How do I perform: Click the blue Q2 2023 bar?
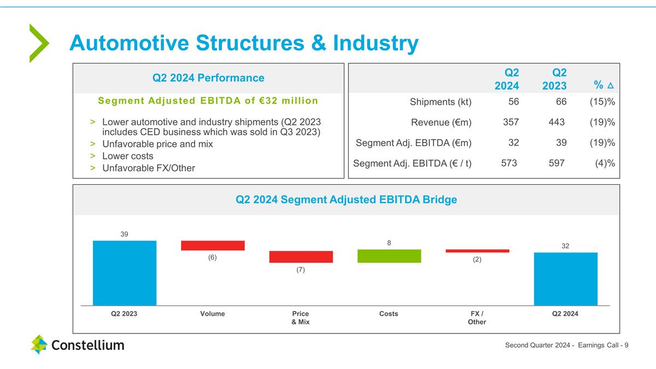pyautogui.click(x=125, y=273)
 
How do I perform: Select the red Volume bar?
pyautogui.click(x=213, y=245)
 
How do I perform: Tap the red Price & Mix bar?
pyautogui.click(x=301, y=257)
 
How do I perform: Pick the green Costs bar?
pyautogui.click(x=389, y=256)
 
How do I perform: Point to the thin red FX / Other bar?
pyautogui.click(x=477, y=251)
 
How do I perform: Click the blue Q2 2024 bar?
pyautogui.click(x=565, y=279)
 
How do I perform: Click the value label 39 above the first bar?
pyautogui.click(x=125, y=234)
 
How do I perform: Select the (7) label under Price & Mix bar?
pyautogui.click(x=301, y=270)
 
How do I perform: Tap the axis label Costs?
pyautogui.click(x=389, y=314)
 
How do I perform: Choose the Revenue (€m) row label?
pyautogui.click(x=441, y=122)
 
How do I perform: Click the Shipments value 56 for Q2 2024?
pyautogui.click(x=513, y=101)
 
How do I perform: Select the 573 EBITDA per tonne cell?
pyautogui.click(x=509, y=163)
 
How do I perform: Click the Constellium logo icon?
pyautogui.click(x=39, y=344)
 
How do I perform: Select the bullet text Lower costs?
pyautogui.click(x=128, y=156)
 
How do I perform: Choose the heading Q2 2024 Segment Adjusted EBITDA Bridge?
pyautogui.click(x=346, y=200)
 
